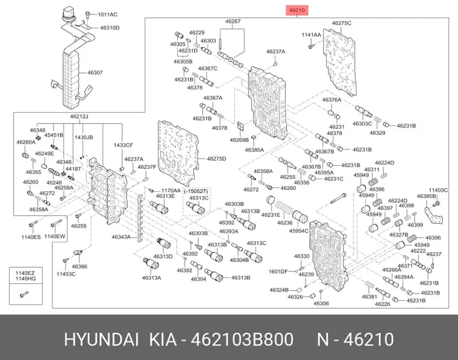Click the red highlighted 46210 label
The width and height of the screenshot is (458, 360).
pos(296,10)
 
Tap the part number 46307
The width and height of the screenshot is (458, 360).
pos(95,72)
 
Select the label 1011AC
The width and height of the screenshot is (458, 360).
pos(107,14)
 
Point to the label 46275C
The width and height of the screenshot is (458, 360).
pos(342,23)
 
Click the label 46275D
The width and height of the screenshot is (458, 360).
pos(216,159)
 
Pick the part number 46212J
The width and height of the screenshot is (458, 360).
pos(79,116)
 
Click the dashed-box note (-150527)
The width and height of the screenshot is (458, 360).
pos(196,191)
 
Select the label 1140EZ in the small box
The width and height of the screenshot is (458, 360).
pos(25,273)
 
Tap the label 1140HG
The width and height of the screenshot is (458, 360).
pos(25,279)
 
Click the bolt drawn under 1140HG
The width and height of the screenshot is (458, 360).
pos(24,294)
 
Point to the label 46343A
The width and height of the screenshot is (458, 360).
pos(121,237)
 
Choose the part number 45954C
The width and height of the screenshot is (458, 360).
pos(298,230)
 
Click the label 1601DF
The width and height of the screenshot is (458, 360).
pos(278,271)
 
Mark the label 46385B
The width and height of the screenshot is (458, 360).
pos(426,196)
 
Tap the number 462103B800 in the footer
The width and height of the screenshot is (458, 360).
pos(242,339)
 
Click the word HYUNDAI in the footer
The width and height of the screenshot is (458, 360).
pos(101,339)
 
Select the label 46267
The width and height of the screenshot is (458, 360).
pos(233,21)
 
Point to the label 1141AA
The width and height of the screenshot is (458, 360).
pos(311,35)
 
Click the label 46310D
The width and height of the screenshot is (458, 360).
pos(110,28)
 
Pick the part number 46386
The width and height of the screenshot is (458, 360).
pos(80,266)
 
